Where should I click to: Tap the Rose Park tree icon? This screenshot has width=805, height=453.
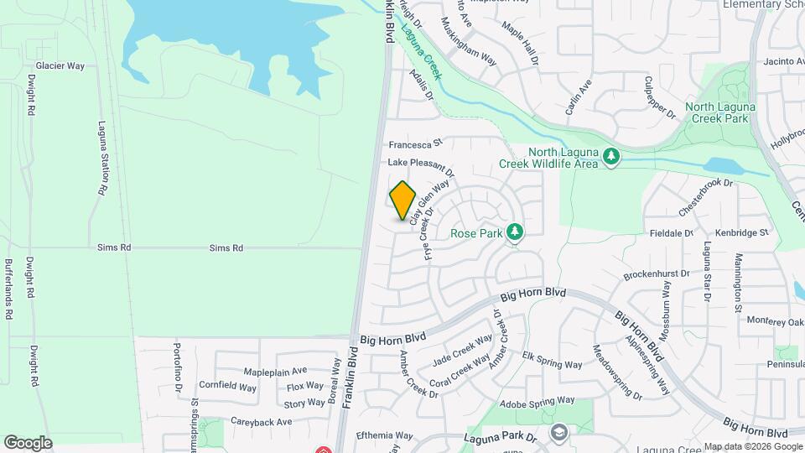515,232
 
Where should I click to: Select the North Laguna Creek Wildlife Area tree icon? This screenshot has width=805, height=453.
612,156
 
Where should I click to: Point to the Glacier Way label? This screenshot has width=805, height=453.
60,65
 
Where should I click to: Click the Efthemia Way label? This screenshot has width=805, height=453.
385,435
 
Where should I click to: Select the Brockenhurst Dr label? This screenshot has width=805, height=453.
657,274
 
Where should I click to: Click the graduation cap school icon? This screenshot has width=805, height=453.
558,432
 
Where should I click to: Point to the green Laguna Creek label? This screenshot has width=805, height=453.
421,51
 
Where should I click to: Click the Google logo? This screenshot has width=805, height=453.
28,443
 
